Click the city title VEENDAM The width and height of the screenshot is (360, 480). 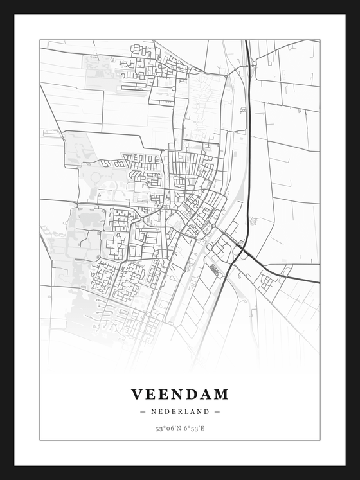[x=180, y=394]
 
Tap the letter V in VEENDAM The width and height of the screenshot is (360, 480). [x=137, y=394]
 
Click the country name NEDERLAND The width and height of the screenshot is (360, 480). [x=180, y=411]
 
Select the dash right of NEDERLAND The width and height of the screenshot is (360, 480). [x=217, y=411]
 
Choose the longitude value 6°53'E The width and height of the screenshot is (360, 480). [x=194, y=428]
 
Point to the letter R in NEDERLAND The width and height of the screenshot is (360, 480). [x=181, y=411]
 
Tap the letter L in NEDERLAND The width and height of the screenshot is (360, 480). [x=188, y=411]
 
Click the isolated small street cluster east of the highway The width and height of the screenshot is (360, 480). [x=266, y=281]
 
